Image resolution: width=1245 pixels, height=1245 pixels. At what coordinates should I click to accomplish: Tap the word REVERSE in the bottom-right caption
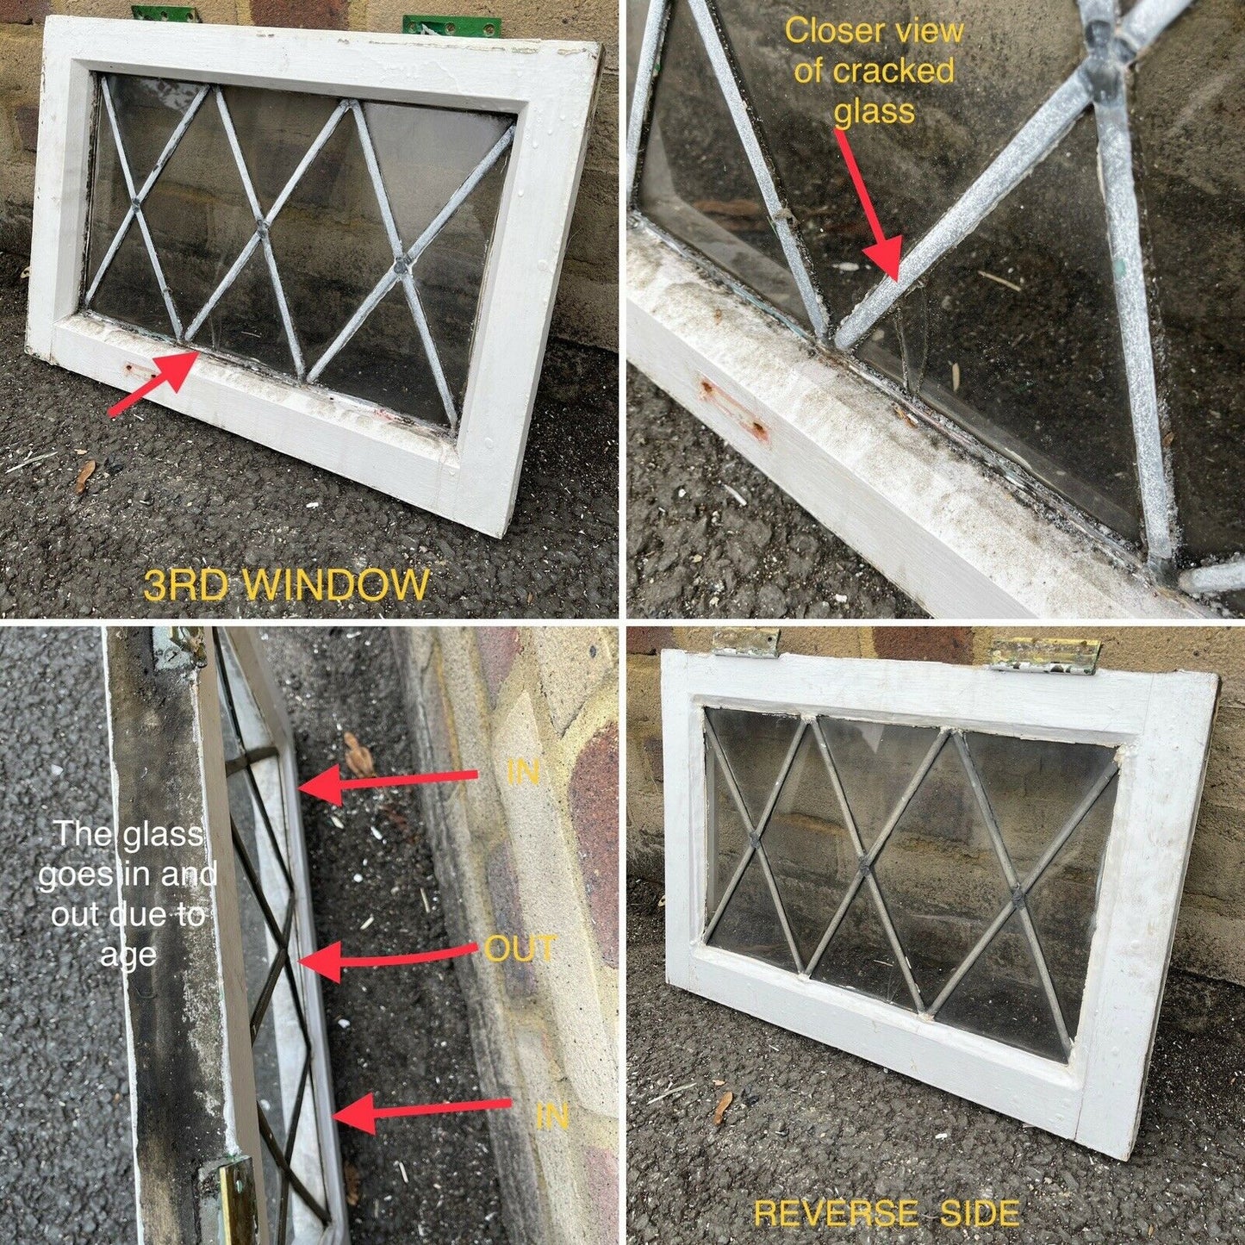(x=831, y=1213)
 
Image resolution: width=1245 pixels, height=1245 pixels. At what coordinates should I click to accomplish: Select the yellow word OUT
(x=520, y=949)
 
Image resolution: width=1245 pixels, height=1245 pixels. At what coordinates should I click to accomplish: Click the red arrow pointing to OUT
(x=388, y=956)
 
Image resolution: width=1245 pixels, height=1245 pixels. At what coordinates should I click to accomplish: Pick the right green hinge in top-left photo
(x=451, y=25)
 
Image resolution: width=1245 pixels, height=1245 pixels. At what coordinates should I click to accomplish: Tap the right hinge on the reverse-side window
(x=1044, y=654)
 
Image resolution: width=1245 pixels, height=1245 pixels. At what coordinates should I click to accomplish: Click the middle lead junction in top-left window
(x=262, y=229)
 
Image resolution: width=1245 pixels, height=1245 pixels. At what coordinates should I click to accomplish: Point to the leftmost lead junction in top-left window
(x=136, y=206)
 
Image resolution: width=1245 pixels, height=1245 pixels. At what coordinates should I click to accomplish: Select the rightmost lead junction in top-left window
(x=402, y=268)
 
